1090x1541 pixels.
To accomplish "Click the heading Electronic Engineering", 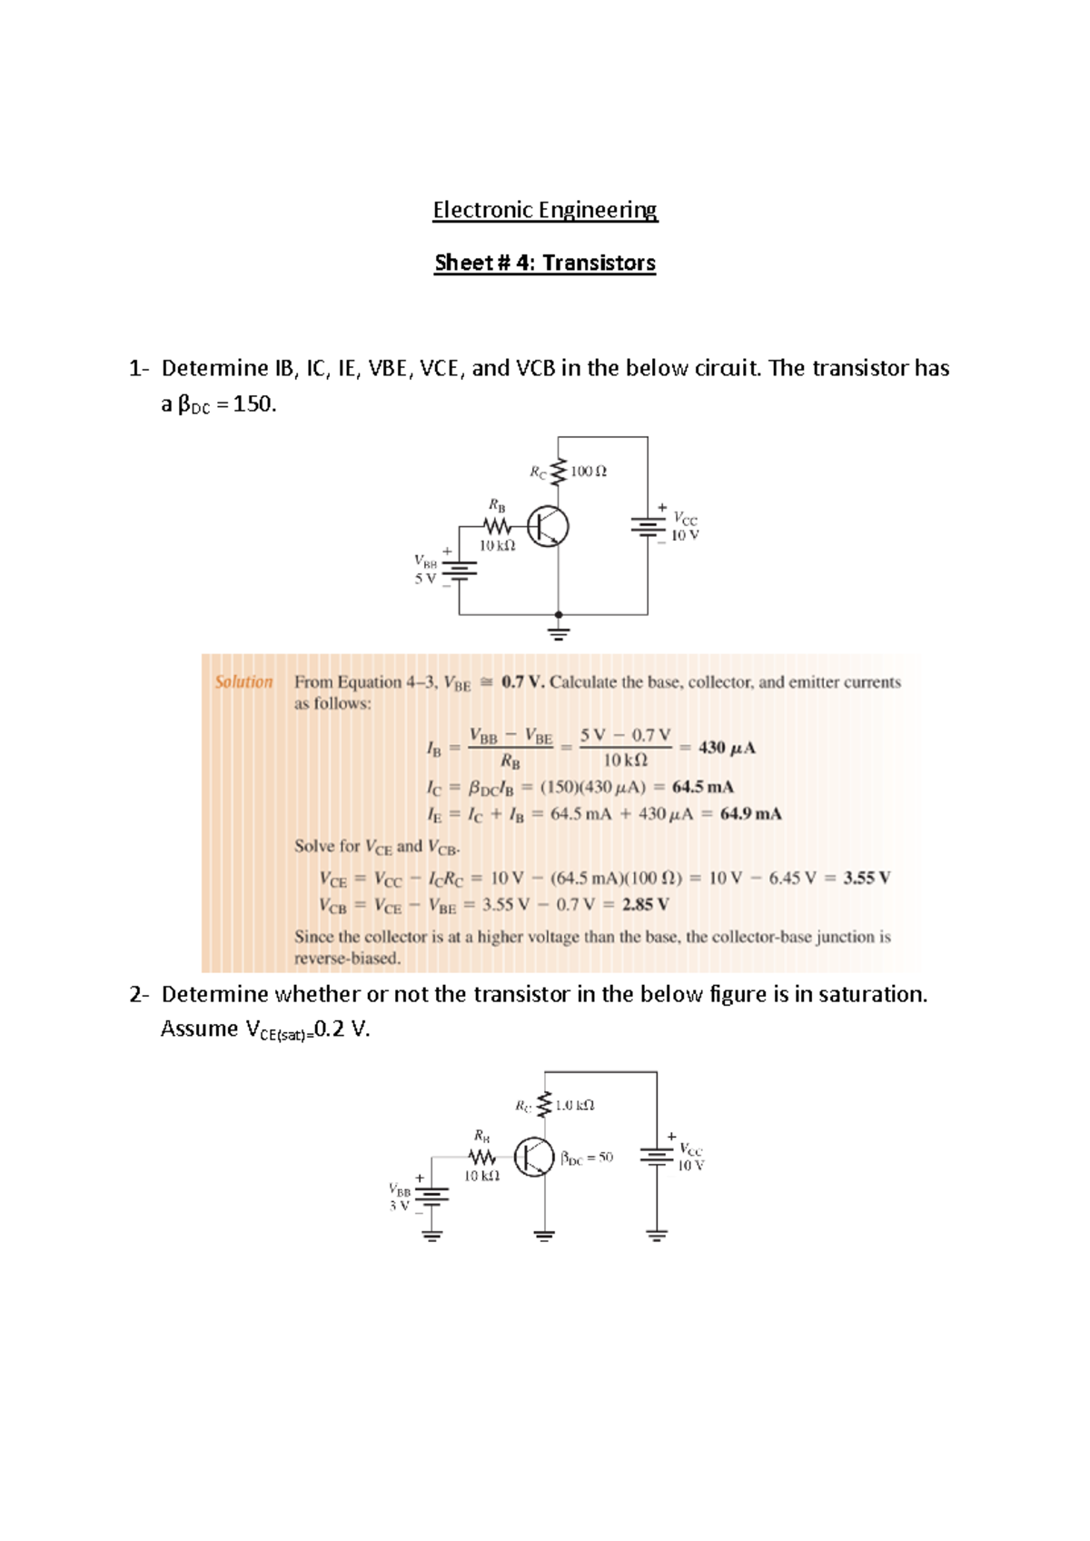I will pos(545,210).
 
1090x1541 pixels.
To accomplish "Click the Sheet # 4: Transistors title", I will pos(545,263).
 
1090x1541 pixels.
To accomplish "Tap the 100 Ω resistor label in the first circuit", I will pos(589,472).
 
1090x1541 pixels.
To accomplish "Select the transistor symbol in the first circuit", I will pos(548,527).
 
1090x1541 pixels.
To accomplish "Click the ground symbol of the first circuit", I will pos(559,631).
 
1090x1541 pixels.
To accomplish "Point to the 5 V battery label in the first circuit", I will pos(425,579).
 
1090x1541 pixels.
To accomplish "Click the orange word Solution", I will pos(243,681).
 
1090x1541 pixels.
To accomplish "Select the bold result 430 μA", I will pos(727,748).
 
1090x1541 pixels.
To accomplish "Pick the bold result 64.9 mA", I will pos(750,813).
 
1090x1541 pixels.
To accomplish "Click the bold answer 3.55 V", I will pos(867,878).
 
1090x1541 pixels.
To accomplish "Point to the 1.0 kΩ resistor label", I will pos(574,1106).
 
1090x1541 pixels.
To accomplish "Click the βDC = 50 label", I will pos(587,1158).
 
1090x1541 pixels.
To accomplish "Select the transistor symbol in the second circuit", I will pos(534,1157).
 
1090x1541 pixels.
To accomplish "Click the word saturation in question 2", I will pos(871,994).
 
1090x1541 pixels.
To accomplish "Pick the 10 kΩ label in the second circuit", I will pos(481,1176).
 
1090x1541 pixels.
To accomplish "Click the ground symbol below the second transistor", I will pos(544,1235).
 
